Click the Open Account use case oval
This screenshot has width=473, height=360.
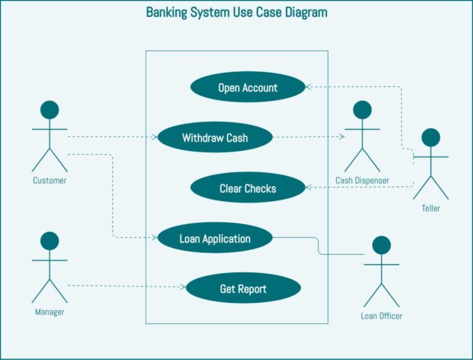tap(248, 87)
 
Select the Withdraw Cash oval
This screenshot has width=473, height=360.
tap(215, 138)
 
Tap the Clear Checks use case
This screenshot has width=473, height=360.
tap(248, 188)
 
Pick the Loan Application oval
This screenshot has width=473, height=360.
tap(215, 238)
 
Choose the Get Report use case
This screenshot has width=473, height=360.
tap(243, 289)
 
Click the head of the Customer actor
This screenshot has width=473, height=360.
tap(49, 110)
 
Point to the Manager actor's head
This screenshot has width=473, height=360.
tap(49, 241)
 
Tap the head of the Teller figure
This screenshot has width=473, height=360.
tap(431, 137)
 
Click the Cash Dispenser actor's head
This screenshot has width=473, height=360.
tap(362, 110)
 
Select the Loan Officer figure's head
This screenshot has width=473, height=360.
tap(381, 245)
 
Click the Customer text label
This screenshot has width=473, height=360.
tap(49, 181)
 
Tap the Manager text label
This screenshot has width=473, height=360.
tap(49, 312)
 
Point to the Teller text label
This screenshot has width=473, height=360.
tap(431, 209)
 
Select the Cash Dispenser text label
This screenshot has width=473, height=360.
tap(362, 180)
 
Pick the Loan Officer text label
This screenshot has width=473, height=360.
tap(381, 316)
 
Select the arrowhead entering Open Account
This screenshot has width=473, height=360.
tap(309, 87)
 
